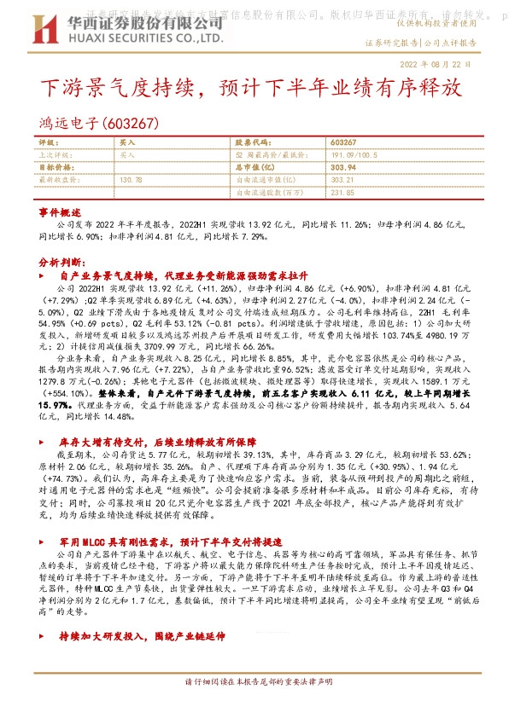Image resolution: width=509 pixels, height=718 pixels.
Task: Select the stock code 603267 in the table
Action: coord(342,142)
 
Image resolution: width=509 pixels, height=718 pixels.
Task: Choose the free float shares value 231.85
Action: coord(342,193)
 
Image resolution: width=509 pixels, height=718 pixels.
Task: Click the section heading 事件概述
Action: coord(59,211)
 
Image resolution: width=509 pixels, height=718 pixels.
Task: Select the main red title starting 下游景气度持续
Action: coord(254,88)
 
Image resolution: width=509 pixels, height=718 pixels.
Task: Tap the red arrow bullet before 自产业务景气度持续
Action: coord(43,277)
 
